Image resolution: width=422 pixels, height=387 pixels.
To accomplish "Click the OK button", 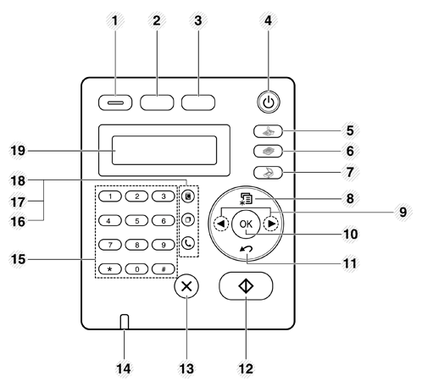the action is tap(246, 224).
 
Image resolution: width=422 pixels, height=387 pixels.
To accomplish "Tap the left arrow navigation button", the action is tap(221, 224).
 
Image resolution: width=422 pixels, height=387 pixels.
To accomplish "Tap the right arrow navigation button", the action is tap(271, 224).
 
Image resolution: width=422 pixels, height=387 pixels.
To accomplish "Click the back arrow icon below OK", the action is tap(247, 249).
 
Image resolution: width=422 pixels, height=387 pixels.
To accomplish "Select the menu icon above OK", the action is tap(246, 198).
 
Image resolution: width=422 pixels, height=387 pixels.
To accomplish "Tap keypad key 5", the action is tap(136, 220).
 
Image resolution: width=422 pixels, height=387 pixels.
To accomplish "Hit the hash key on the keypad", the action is tap(164, 269).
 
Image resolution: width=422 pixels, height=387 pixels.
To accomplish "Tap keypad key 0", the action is tap(136, 269).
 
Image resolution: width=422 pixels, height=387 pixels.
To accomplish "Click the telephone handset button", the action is tap(188, 243).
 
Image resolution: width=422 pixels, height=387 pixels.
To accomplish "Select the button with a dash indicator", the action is tap(115, 102).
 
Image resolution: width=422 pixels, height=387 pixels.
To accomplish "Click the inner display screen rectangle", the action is tap(164, 150).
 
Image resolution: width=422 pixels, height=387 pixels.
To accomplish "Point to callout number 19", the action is tap(18, 150).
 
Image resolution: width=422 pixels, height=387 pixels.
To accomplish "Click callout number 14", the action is tap(124, 368).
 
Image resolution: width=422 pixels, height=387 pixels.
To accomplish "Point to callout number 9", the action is tap(403, 212).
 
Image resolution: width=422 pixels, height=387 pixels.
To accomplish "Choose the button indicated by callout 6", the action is tap(268, 152).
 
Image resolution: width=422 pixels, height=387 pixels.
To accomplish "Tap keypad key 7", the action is tap(110, 245).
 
